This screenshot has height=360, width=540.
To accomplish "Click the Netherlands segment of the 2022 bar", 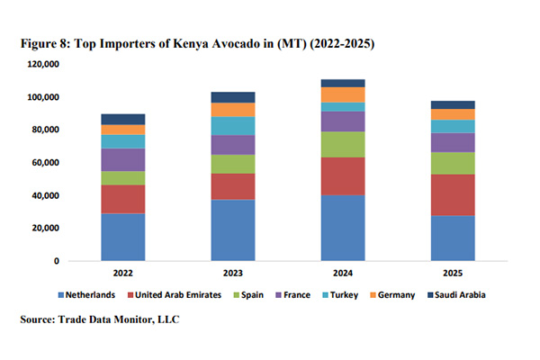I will tap(123, 237).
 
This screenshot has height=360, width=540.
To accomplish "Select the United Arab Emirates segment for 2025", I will tap(453, 194).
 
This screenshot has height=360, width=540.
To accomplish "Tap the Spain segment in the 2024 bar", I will tap(343, 145).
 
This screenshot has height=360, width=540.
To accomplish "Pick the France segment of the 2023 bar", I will tap(233, 145).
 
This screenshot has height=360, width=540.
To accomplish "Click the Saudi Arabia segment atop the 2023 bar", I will tap(233, 97).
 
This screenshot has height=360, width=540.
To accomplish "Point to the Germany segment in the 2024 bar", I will tap(343, 94).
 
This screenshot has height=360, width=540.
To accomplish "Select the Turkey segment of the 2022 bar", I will tap(123, 141).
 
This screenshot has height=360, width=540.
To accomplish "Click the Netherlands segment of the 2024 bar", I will tap(343, 228).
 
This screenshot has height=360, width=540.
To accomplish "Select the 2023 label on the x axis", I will tap(233, 273).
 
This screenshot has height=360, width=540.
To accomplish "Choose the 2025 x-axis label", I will tap(453, 273).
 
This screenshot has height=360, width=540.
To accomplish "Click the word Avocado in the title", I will tap(229, 42).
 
